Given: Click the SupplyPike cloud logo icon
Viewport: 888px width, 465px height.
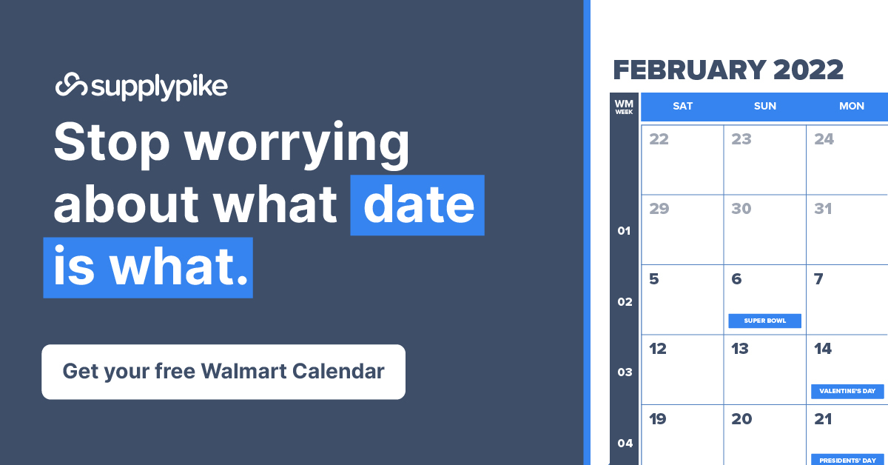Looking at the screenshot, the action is pos(71,84).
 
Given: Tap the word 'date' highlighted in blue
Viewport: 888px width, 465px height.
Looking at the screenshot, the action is pos(419,205).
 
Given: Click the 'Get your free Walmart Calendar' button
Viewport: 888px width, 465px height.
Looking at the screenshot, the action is pos(223,372).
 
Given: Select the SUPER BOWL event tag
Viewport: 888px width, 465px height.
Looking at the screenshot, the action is pos(764,321).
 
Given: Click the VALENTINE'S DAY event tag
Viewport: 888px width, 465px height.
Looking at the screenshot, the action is pos(847,391).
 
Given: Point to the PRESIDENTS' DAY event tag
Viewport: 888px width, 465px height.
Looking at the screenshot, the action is pos(847,461).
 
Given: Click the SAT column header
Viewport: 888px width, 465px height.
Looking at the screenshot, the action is pos(682,106).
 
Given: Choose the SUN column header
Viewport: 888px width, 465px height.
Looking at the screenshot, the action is pos(765,106).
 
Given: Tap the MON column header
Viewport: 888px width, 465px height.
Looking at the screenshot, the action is pos(852,106).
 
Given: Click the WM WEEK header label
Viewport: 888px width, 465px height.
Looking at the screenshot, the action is pos(624,107).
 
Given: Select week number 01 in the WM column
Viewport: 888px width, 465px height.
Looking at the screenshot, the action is pos(624,230).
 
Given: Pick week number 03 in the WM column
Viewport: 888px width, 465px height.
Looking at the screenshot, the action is pos(625,372).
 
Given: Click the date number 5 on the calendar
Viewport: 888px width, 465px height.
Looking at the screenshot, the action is pos(654,279).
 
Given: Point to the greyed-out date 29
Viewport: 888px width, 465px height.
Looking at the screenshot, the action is pos(659,209).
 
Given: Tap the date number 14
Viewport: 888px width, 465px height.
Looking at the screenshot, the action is pos(823,349).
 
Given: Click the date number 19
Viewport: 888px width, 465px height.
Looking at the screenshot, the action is pos(658,419).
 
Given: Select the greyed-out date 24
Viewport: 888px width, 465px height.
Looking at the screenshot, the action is pos(824,139).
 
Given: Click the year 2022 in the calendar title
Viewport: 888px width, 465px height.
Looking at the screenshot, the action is pos(808,70).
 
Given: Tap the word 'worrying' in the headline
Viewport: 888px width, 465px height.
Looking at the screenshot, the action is pos(297,145).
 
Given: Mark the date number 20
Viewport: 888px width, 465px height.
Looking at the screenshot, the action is pos(741,419).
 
